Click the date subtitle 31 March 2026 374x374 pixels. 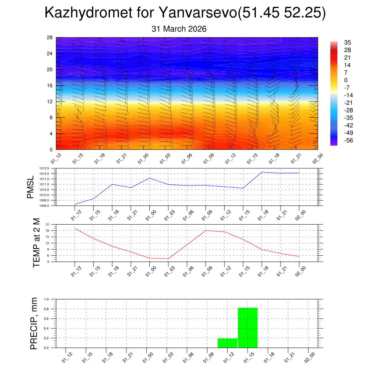coord(179,29)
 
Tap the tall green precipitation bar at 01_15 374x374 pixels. coord(248,328)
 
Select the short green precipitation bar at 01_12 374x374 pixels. coord(227,343)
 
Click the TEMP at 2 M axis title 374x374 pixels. coord(36,243)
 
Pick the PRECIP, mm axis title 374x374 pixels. coord(34,323)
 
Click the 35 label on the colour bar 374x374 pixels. coord(347,42)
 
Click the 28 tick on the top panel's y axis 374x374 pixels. coord(50,37)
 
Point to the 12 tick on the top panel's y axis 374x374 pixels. coord(50,102)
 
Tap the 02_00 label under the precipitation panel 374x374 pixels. coord(309,357)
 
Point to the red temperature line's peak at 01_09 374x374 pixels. coord(206,230)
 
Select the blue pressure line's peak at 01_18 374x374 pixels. coord(262,172)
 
